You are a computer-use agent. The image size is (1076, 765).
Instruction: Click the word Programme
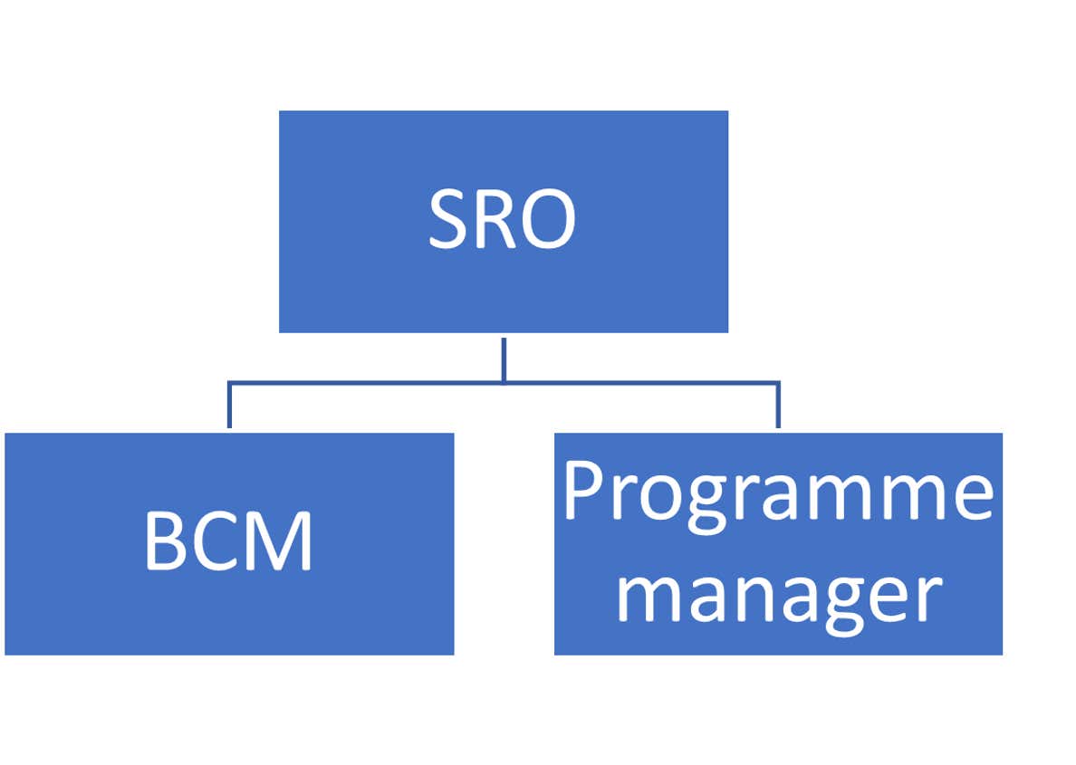point(777,493)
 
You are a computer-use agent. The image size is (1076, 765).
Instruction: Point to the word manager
point(777,596)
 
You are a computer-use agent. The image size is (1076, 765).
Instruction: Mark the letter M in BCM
point(281,541)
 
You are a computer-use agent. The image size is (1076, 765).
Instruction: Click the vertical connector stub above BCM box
point(229,406)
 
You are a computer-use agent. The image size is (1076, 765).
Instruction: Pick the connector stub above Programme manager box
point(778,406)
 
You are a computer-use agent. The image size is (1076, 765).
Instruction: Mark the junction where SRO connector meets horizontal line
point(503,383)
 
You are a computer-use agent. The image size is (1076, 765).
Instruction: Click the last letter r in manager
point(928,598)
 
